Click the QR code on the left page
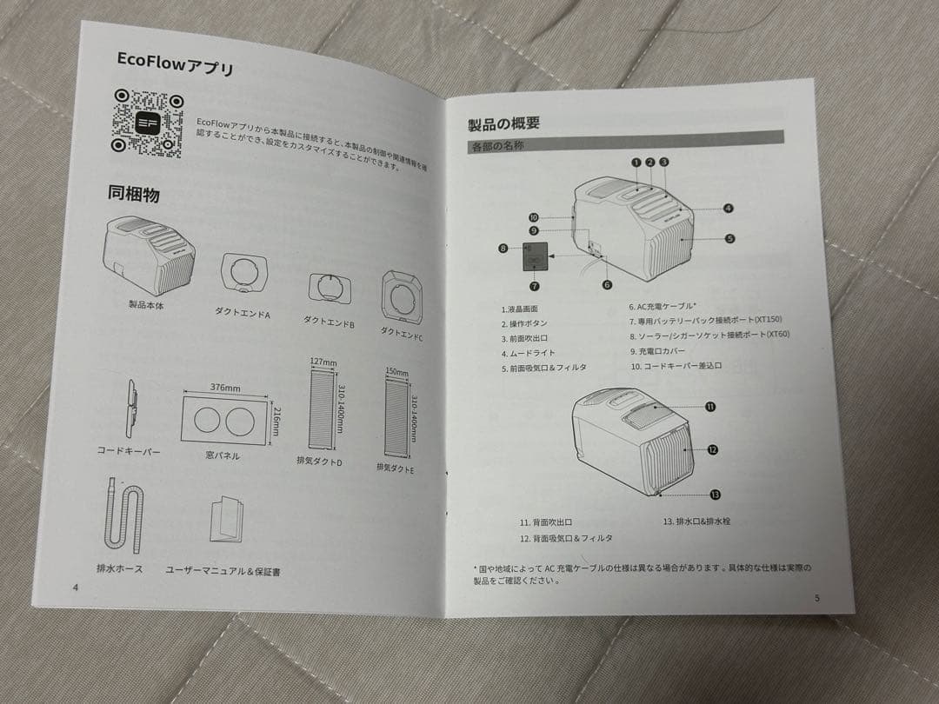147,123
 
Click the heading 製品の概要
503,123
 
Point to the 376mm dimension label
225,389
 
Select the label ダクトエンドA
242,312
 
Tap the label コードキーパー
128,451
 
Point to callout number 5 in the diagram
729,237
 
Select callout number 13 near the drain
715,494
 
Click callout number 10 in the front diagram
534,217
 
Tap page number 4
77,588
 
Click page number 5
816,597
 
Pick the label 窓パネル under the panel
223,455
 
